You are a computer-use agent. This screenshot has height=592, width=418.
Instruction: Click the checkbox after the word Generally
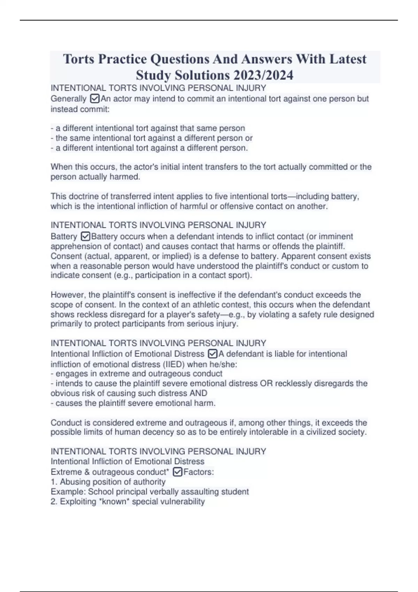94,99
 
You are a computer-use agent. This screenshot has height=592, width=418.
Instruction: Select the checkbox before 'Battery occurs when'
85,237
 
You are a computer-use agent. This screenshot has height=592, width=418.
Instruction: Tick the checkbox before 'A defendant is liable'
212,354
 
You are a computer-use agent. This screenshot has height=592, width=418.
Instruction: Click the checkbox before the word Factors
177,472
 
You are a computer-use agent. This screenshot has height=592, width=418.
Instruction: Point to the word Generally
68,99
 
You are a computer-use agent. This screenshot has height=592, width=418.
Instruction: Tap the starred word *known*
114,502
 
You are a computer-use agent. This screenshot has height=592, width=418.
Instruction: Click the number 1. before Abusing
54,482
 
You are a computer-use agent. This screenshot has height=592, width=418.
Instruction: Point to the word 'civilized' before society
322,433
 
